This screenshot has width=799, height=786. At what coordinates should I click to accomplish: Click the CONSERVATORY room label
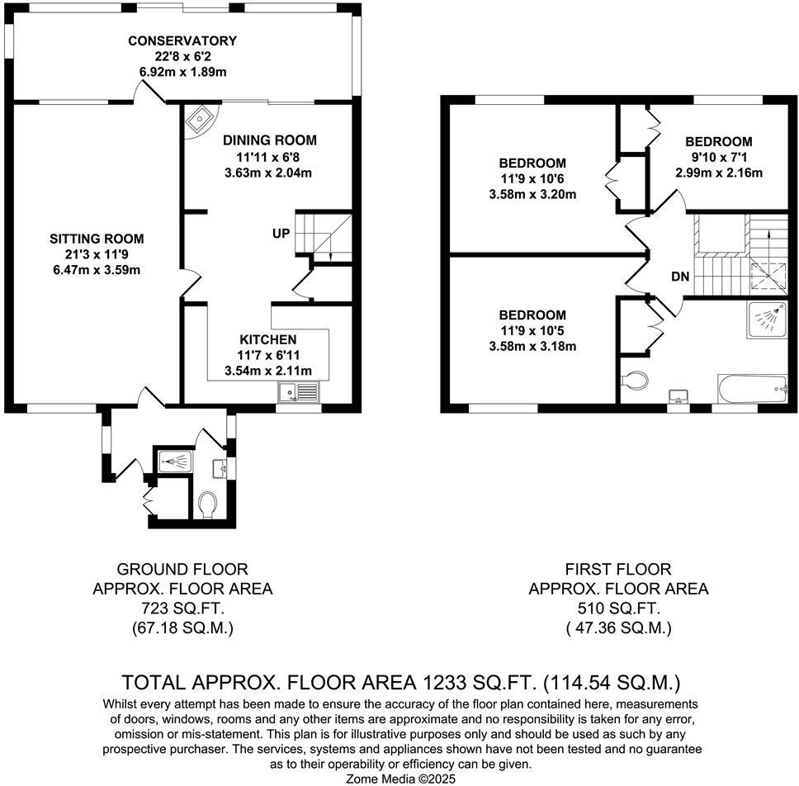click(x=182, y=40)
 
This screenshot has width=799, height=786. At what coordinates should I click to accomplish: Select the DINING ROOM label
click(x=268, y=140)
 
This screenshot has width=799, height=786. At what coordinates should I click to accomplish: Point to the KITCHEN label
click(x=267, y=339)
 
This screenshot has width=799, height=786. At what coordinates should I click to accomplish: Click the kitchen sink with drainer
click(x=299, y=393)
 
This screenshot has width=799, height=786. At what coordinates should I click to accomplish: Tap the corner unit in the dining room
click(x=200, y=121)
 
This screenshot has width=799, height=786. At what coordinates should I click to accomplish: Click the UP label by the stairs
click(x=281, y=234)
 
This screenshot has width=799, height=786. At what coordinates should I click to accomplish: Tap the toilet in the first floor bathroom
click(x=634, y=381)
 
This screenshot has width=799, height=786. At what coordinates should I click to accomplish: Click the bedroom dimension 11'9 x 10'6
click(x=532, y=178)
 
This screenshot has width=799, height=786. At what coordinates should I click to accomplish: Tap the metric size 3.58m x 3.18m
click(x=532, y=346)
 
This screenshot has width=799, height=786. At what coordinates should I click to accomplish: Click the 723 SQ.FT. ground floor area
click(x=182, y=608)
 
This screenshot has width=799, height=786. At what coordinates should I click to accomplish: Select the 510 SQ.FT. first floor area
click(x=618, y=608)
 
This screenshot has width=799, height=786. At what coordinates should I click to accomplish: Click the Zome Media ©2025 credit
click(x=399, y=778)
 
